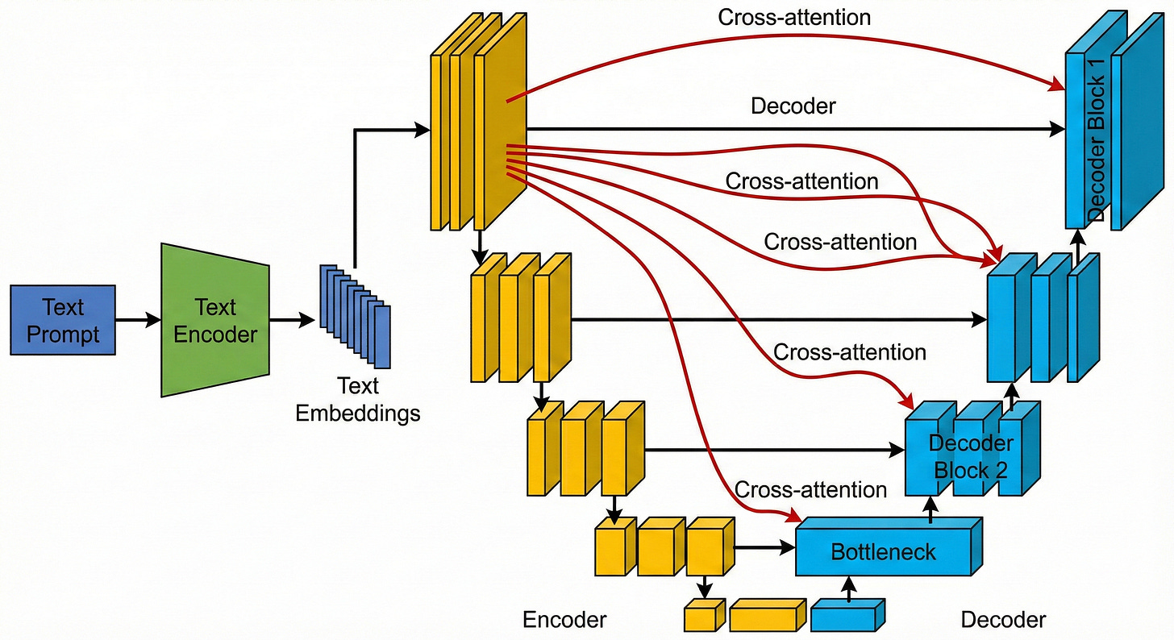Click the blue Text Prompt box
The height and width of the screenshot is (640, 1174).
tap(63, 320)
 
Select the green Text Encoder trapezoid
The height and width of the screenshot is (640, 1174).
tap(215, 320)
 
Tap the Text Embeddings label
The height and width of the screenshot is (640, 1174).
tap(357, 400)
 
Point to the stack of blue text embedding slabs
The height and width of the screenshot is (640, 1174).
tap(355, 314)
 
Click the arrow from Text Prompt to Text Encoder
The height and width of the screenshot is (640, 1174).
tap(138, 320)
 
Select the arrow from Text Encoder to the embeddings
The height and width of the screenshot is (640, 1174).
tap(292, 320)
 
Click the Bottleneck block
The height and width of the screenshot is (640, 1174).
tap(885, 551)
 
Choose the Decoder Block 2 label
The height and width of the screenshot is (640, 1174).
tap(971, 456)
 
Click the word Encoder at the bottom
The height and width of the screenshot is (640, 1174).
tap(564, 620)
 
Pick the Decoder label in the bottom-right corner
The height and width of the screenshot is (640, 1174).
tap(1003, 620)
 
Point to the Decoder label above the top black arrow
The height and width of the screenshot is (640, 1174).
tap(793, 106)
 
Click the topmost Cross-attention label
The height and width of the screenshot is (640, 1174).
tap(794, 17)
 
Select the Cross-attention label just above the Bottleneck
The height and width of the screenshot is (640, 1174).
tap(810, 490)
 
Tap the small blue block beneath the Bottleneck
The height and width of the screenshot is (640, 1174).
tap(847, 617)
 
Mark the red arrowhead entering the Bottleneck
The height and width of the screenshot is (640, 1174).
tap(793, 517)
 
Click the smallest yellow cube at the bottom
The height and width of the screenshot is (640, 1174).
tap(701, 617)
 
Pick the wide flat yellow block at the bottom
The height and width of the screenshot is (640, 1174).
tap(766, 617)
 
